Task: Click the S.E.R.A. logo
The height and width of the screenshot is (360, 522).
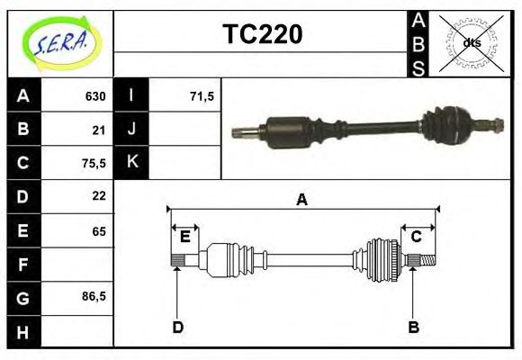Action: (59, 40)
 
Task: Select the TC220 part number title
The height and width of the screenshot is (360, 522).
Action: (262, 34)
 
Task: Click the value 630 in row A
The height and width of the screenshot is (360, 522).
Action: (95, 96)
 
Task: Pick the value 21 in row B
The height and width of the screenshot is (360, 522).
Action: (99, 130)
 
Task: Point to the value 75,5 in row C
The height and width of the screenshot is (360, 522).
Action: (94, 163)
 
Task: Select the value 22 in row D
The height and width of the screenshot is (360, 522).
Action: (99, 196)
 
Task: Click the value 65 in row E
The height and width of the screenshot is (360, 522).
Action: (99, 231)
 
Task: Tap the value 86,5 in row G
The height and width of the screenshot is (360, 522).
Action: (94, 296)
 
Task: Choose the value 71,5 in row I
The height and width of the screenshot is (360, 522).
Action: (202, 96)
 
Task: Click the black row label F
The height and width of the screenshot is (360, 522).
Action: (23, 265)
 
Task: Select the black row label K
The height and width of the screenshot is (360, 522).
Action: (131, 163)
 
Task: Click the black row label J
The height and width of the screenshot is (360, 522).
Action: (131, 130)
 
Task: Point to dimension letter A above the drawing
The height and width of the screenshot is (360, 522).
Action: (302, 200)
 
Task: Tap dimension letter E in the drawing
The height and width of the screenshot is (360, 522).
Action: (184, 237)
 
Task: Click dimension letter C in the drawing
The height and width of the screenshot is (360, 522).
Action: (417, 237)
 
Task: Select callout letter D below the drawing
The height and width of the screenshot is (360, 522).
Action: (178, 328)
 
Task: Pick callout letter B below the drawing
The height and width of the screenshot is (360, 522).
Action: (414, 328)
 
